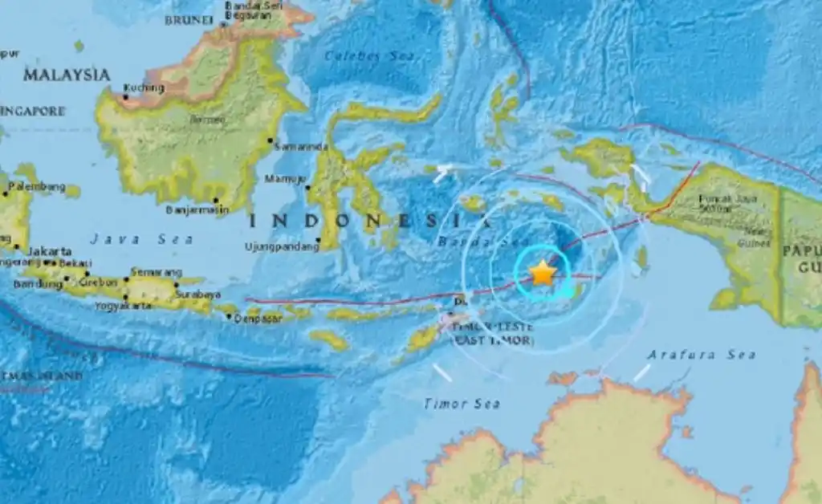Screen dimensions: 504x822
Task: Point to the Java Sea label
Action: [141, 239]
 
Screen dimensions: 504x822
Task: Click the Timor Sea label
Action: [462, 404]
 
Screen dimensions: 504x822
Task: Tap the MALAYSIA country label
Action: [67, 75]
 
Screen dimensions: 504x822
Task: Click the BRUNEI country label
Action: [188, 19]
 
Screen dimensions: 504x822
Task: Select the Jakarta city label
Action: [43, 251]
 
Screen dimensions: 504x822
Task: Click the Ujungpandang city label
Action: [281, 247]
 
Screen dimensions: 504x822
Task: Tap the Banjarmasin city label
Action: [193, 210]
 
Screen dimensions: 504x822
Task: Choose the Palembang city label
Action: [35, 187]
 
